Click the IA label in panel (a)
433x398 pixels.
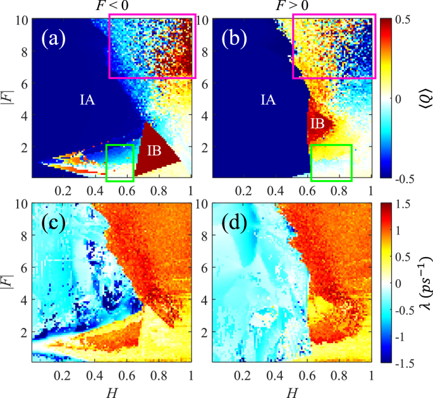tap(88, 99)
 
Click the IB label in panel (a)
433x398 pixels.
tap(156, 151)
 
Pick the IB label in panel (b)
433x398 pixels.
tap(317, 124)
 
